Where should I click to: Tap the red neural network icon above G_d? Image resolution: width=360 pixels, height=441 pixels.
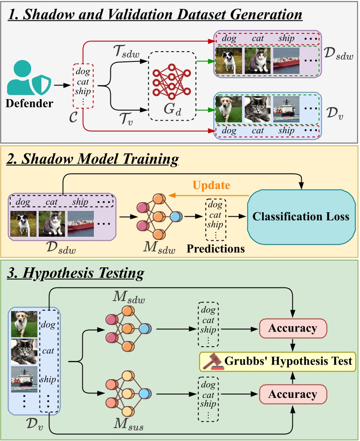(172, 81)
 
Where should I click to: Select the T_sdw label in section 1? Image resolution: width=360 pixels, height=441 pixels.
(126, 52)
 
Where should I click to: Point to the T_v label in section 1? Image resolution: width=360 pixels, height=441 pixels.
(126, 118)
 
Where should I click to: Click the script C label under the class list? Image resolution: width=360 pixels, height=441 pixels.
(73, 117)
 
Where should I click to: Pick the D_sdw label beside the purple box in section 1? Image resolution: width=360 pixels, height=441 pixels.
(338, 53)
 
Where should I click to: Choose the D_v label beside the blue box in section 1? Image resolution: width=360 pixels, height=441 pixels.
(335, 113)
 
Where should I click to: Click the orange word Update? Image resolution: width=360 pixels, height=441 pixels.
(211, 185)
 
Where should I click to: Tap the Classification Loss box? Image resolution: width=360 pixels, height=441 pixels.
(301, 217)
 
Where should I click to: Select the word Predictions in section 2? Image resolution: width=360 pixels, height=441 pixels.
(216, 249)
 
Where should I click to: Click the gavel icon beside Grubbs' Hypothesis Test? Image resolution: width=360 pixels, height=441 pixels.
(214, 361)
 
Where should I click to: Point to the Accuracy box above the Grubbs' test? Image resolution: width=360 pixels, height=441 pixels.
(293, 328)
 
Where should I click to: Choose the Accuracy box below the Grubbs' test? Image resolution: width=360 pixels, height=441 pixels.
(293, 394)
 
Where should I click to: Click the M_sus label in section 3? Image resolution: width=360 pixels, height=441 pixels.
(129, 424)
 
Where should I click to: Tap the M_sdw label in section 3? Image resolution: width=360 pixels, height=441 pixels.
(129, 297)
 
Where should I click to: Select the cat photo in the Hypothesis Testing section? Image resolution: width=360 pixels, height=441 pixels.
(24, 352)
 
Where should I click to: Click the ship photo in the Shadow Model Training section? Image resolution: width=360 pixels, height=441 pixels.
(81, 224)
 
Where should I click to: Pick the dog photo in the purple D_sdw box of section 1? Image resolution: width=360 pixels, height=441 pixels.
(229, 61)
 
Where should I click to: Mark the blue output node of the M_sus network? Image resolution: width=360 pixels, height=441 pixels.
(145, 394)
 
